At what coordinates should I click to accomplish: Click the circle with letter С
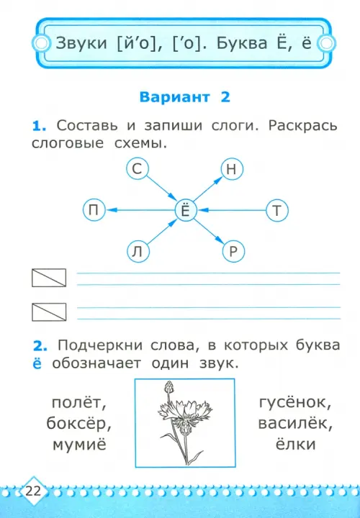tap(138, 169)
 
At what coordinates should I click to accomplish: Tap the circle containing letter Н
tap(232, 169)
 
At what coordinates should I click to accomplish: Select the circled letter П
tap(94, 210)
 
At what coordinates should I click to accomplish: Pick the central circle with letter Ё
tap(186, 210)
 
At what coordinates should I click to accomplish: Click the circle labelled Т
tap(277, 210)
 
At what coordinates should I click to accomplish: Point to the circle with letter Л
tap(138, 252)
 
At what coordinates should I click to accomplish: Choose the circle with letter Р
tap(233, 252)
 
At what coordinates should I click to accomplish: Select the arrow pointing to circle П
tap(140, 210)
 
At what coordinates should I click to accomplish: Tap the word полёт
tap(79, 403)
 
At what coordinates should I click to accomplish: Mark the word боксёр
tap(78, 424)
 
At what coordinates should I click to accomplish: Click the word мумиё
tap(79, 445)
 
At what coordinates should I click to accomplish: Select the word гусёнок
tap(295, 403)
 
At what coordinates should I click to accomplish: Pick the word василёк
tap(295, 424)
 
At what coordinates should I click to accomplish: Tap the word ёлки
tap(295, 444)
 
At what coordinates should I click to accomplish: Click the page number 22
tap(32, 491)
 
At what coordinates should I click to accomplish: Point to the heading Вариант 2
tap(184, 97)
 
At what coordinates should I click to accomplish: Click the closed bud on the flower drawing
tap(169, 386)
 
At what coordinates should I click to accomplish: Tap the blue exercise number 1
tap(39, 126)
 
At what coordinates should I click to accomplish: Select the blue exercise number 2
tap(40, 346)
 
